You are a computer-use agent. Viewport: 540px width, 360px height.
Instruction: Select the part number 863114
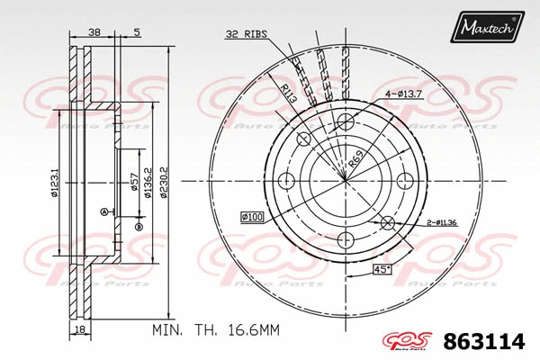point(490,342)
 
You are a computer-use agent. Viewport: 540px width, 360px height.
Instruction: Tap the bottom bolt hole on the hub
point(346,239)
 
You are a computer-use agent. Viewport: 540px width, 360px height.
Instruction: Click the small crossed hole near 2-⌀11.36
point(386,222)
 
